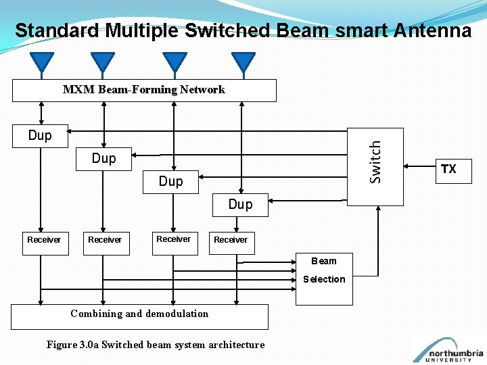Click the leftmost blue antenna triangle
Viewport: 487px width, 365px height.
coord(43,62)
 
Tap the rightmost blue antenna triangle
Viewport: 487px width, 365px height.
coord(243,62)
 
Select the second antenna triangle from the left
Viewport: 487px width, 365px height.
coord(103,62)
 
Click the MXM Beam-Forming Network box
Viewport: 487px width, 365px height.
coord(144,90)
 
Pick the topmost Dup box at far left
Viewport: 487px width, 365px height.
coord(41,136)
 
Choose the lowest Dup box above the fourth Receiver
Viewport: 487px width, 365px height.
coord(240,205)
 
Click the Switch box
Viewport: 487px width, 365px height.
coord(375,166)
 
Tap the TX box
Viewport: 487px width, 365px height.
coord(448,169)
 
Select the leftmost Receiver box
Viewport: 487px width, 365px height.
coord(45,241)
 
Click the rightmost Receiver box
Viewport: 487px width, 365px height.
coord(231,241)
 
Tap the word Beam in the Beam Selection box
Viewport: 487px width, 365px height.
coord(323,261)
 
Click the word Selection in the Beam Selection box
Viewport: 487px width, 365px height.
coord(324,279)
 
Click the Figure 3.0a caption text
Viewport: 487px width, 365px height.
coord(156,345)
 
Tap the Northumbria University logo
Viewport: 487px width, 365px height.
coord(449,351)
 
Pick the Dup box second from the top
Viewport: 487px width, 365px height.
coord(104,159)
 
